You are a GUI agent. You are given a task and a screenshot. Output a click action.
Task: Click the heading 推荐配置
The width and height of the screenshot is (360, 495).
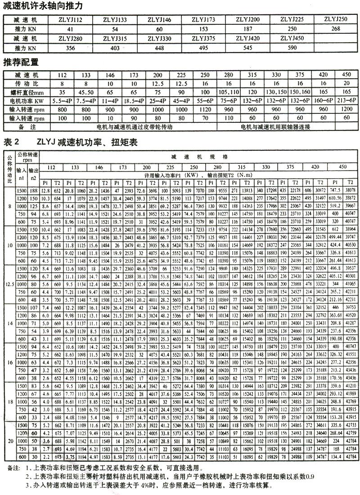(20, 62)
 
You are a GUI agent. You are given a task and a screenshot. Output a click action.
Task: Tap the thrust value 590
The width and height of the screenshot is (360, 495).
(292, 47)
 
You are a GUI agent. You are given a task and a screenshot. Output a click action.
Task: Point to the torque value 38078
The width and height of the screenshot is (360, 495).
(349, 190)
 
